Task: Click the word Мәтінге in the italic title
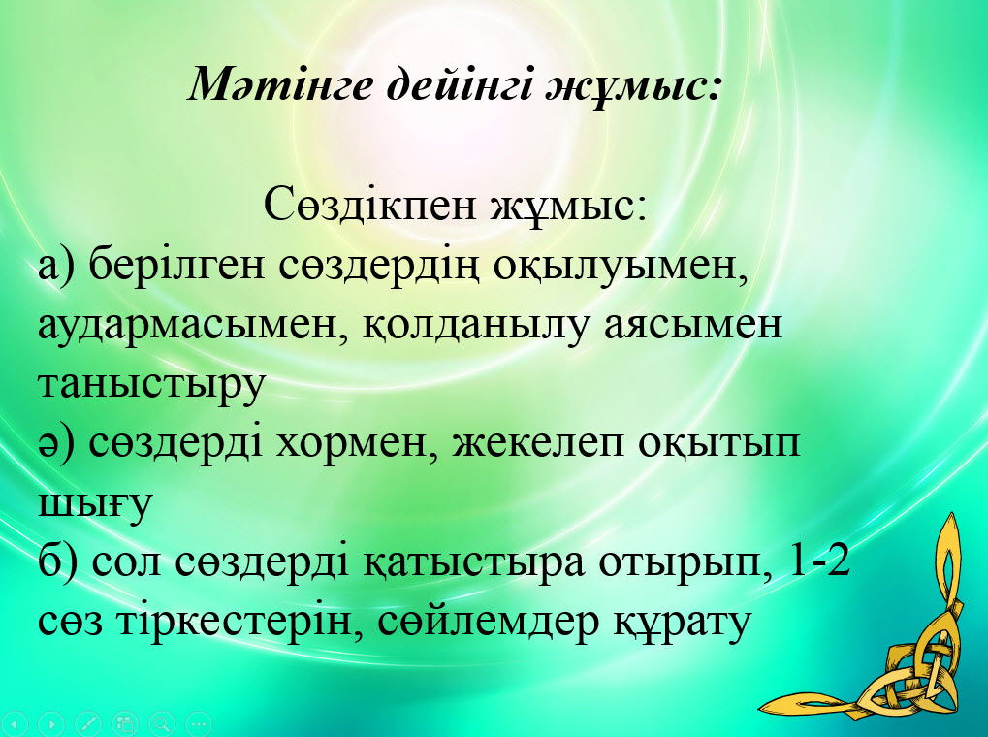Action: (x=280, y=83)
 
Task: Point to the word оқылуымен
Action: (x=621, y=267)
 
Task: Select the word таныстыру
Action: (x=152, y=385)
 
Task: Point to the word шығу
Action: (x=95, y=503)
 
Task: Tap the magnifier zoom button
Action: (x=162, y=723)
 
